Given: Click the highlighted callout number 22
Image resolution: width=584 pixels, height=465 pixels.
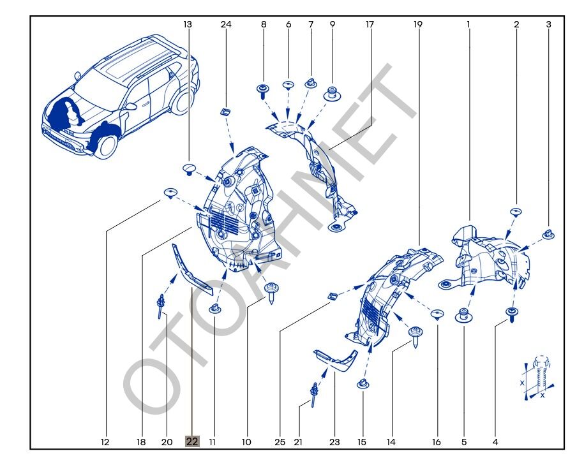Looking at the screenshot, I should click(x=192, y=441).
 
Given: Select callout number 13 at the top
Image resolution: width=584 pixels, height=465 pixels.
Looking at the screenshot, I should click(x=188, y=24).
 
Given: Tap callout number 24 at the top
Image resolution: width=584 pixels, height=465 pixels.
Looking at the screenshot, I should click(x=226, y=24).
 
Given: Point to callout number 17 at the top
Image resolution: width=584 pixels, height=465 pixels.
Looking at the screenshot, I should click(x=370, y=24).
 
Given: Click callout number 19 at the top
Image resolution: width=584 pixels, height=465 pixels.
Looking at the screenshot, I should click(x=418, y=24).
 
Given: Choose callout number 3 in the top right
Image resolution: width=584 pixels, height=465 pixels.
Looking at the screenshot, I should click(x=548, y=24).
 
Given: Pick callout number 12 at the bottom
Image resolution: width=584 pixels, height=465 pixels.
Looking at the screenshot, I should click(x=105, y=442).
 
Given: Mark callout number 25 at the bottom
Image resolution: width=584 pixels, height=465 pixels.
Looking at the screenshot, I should click(x=280, y=442).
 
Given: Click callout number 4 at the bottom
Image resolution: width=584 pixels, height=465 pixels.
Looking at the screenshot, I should click(x=495, y=442).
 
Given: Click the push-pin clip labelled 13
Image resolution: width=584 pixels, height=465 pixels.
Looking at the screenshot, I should click(x=188, y=168).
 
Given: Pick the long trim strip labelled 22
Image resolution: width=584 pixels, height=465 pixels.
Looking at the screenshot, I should click(x=191, y=271).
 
